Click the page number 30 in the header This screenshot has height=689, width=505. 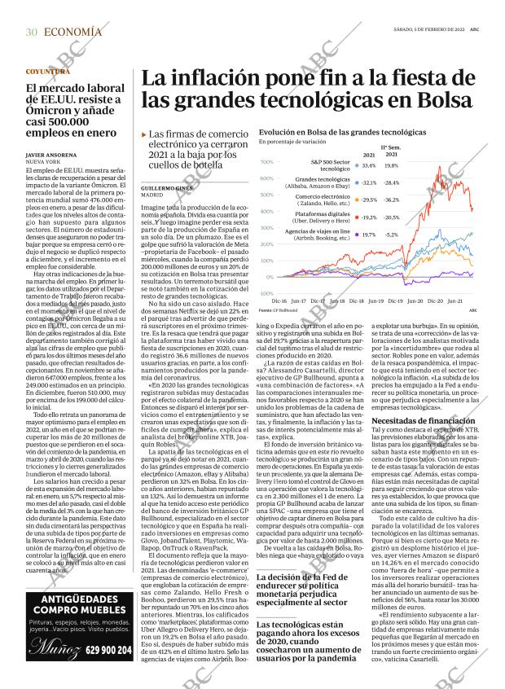coord(31,32)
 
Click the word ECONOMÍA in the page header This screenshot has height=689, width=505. coord(73,32)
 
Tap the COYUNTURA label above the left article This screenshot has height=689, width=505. coord(47,72)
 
